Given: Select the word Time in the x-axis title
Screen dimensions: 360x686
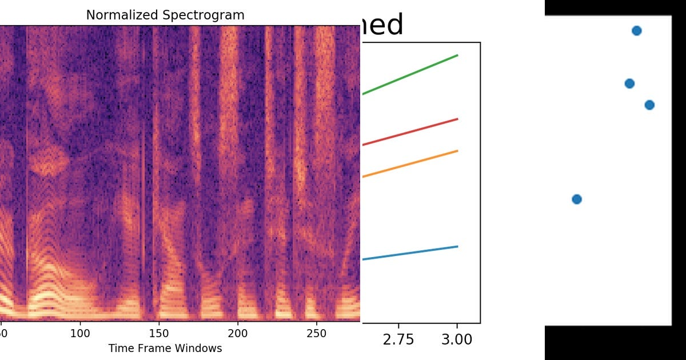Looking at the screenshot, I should [120, 348].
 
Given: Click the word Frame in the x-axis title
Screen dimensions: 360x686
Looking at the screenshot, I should [150, 348].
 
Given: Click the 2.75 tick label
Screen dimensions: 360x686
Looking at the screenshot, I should [398, 339].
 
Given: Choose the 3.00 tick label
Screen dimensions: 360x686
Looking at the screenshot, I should [457, 339].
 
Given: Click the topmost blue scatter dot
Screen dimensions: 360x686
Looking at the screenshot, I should [636, 31].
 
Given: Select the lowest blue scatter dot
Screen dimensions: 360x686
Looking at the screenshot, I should [577, 199].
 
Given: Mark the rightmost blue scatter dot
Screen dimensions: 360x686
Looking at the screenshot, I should [649, 105].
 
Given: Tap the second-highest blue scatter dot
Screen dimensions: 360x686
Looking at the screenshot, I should [629, 83].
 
